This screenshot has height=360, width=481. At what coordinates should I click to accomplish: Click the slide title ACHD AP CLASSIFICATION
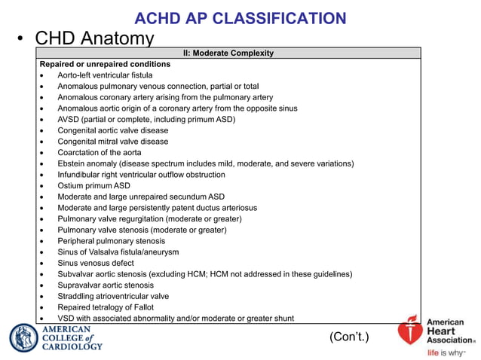pos(240,19)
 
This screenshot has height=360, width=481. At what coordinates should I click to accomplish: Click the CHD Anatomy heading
pos(95,38)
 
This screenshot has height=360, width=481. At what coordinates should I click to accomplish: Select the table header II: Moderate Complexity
pos(228,53)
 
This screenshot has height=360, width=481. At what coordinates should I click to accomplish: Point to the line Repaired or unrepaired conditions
pos(105,64)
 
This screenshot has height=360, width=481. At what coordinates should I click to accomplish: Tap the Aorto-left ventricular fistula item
pos(105,75)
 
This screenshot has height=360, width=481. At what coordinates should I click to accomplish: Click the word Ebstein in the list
pos(72,163)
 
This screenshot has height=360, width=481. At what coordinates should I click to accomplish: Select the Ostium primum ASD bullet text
pos(93,186)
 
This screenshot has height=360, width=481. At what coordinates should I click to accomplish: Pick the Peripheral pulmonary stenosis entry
pos(111,241)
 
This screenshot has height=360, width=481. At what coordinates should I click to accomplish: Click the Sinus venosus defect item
pos(95,263)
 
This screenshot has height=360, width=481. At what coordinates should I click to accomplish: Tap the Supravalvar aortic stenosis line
pos(105,285)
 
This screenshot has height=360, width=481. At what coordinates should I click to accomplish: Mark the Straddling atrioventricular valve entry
pos(113,296)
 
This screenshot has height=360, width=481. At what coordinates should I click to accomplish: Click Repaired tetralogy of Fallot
pos(105,307)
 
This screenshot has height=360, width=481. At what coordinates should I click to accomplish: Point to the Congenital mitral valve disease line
pos(112,142)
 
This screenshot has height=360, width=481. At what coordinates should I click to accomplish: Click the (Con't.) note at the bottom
pos(349,337)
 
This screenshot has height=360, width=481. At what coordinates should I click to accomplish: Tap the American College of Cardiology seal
pos(23,337)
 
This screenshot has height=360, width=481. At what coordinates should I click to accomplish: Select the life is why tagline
pos(446,352)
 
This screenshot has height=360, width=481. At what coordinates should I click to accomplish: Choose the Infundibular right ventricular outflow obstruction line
pos(141,175)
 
